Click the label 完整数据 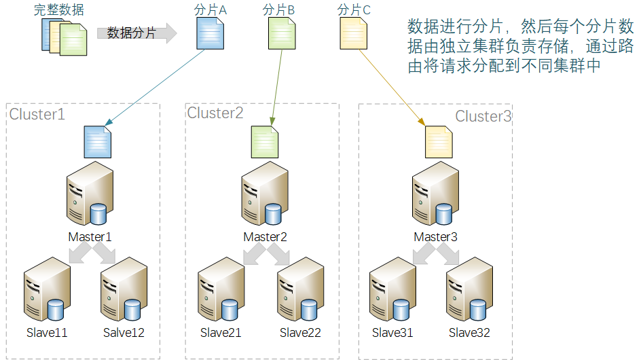tap(59, 10)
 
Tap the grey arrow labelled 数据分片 tap(136, 33)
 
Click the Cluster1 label tap(37, 114)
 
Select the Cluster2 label tap(215, 113)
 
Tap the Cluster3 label tap(483, 116)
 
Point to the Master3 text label tap(436, 237)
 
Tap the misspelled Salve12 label tap(124, 333)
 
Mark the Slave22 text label tap(300, 333)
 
